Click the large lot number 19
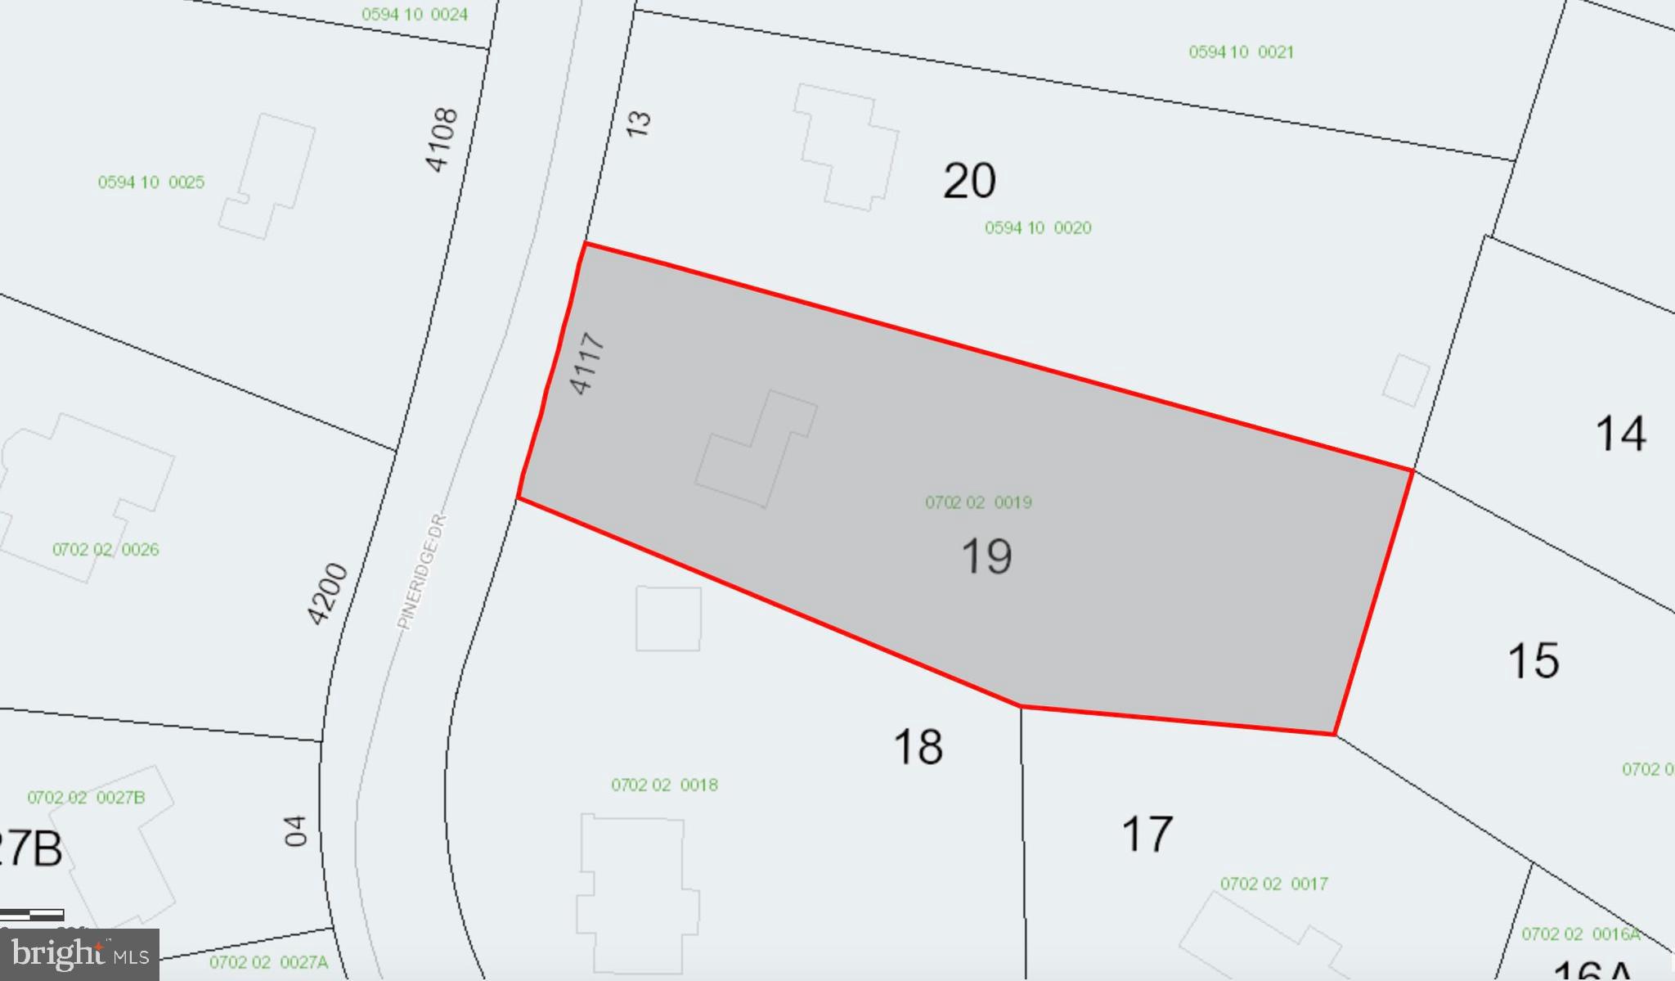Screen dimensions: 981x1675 pos(986,556)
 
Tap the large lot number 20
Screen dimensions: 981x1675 pos(969,181)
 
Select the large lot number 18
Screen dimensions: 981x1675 pos(918,747)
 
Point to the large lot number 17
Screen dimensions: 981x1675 pos(1147,835)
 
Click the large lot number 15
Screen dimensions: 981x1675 pos(1533,660)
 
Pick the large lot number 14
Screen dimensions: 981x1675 pos(1620,434)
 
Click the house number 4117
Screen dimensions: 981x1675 pos(587,363)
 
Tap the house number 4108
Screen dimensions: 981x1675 pos(442,140)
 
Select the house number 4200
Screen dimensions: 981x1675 pos(327,594)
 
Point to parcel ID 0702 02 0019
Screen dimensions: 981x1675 pos(978,502)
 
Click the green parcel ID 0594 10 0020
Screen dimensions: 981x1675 pos(1038,228)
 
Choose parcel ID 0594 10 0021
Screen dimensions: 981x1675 pos(1241,52)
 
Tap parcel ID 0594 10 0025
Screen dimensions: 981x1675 pos(151,182)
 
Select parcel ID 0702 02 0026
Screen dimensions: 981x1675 pos(106,550)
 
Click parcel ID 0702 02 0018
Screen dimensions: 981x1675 pos(664,785)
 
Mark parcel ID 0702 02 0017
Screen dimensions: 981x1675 pos(1273,884)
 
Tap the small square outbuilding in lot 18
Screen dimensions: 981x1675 pos(668,619)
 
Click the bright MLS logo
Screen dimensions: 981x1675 pos(80,955)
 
